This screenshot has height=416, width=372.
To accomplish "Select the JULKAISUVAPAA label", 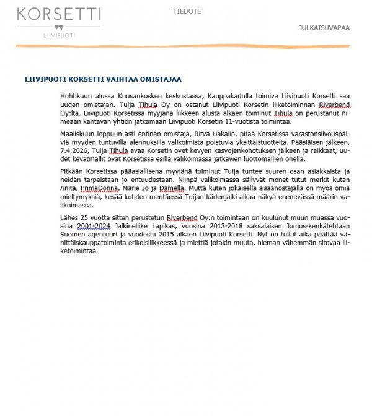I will click(x=324, y=28).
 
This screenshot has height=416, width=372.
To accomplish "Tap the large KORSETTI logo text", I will click(x=60, y=14).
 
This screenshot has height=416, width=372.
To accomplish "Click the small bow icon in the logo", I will click(x=60, y=27).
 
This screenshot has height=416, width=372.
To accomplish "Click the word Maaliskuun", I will click(x=78, y=134).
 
